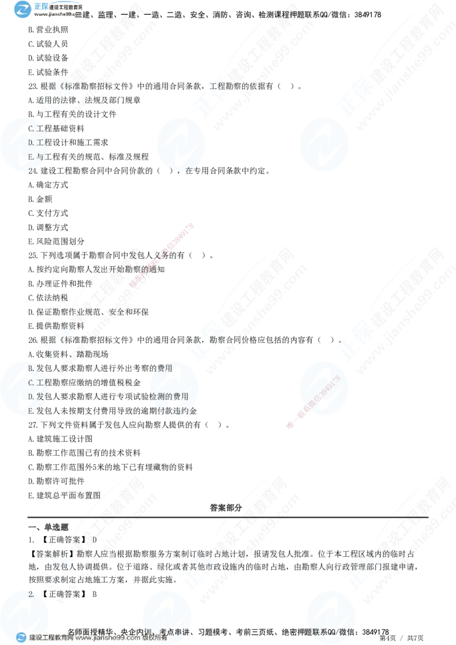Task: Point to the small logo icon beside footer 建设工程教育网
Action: tap(22, 638)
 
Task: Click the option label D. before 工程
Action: tap(32, 141)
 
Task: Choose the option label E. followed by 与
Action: tap(32, 156)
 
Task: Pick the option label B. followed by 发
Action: tap(32, 369)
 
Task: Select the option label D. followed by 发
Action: tap(32, 396)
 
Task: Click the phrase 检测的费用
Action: tap(169, 396)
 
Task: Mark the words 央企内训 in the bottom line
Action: tap(137, 631)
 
